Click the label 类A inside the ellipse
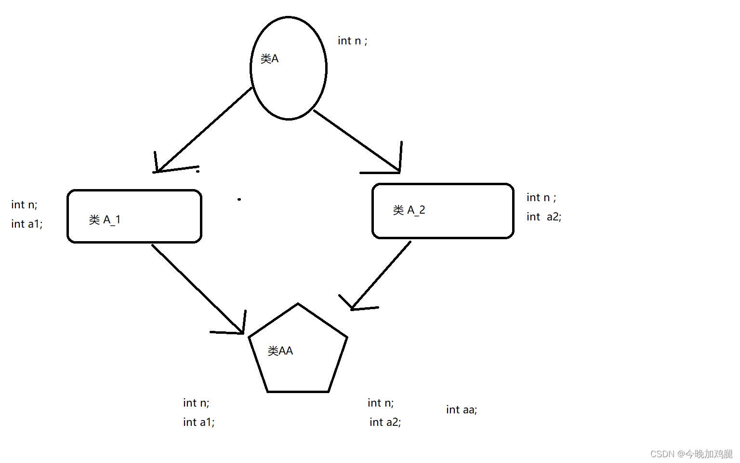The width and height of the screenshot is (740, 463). pyautogui.click(x=269, y=59)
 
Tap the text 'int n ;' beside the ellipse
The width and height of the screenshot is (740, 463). pyautogui.click(x=352, y=41)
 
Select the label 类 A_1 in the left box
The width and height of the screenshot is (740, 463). pyautogui.click(x=105, y=220)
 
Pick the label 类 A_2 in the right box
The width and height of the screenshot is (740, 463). pyautogui.click(x=409, y=210)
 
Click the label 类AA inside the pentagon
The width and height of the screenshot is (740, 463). pyautogui.click(x=280, y=351)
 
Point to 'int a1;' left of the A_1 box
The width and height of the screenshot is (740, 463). pyautogui.click(x=27, y=224)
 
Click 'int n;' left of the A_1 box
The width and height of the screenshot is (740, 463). pyautogui.click(x=24, y=204)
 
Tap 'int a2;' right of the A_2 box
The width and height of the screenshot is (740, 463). pyautogui.click(x=544, y=217)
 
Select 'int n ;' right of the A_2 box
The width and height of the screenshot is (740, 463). pyautogui.click(x=541, y=198)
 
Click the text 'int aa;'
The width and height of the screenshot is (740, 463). pyautogui.click(x=462, y=410)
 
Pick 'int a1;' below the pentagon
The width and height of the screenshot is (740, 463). pyautogui.click(x=198, y=422)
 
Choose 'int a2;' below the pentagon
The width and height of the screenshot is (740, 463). pyautogui.click(x=385, y=422)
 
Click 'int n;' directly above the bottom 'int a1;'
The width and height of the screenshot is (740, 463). pyautogui.click(x=196, y=403)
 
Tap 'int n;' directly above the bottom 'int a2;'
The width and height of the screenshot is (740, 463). pyautogui.click(x=381, y=403)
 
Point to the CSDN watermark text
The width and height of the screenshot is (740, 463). pyautogui.click(x=691, y=454)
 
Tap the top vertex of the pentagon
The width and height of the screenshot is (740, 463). pyautogui.click(x=298, y=304)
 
